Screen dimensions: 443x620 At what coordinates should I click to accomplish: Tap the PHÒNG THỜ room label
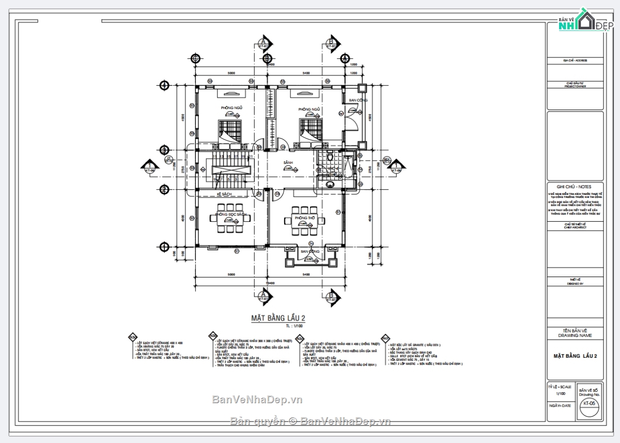305,218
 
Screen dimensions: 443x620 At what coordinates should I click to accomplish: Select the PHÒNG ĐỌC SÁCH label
231,214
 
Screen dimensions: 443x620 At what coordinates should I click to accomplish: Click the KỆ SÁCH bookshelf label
224,194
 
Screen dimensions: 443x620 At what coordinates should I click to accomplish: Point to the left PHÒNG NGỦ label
231,108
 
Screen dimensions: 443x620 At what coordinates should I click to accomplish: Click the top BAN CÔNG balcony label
358,100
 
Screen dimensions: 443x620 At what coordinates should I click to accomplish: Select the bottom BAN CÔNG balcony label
310,251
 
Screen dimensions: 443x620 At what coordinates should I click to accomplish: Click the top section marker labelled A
264,43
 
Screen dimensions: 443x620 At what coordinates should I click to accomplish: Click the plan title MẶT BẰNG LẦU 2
278,318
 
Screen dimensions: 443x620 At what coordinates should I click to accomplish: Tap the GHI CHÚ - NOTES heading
574,187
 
